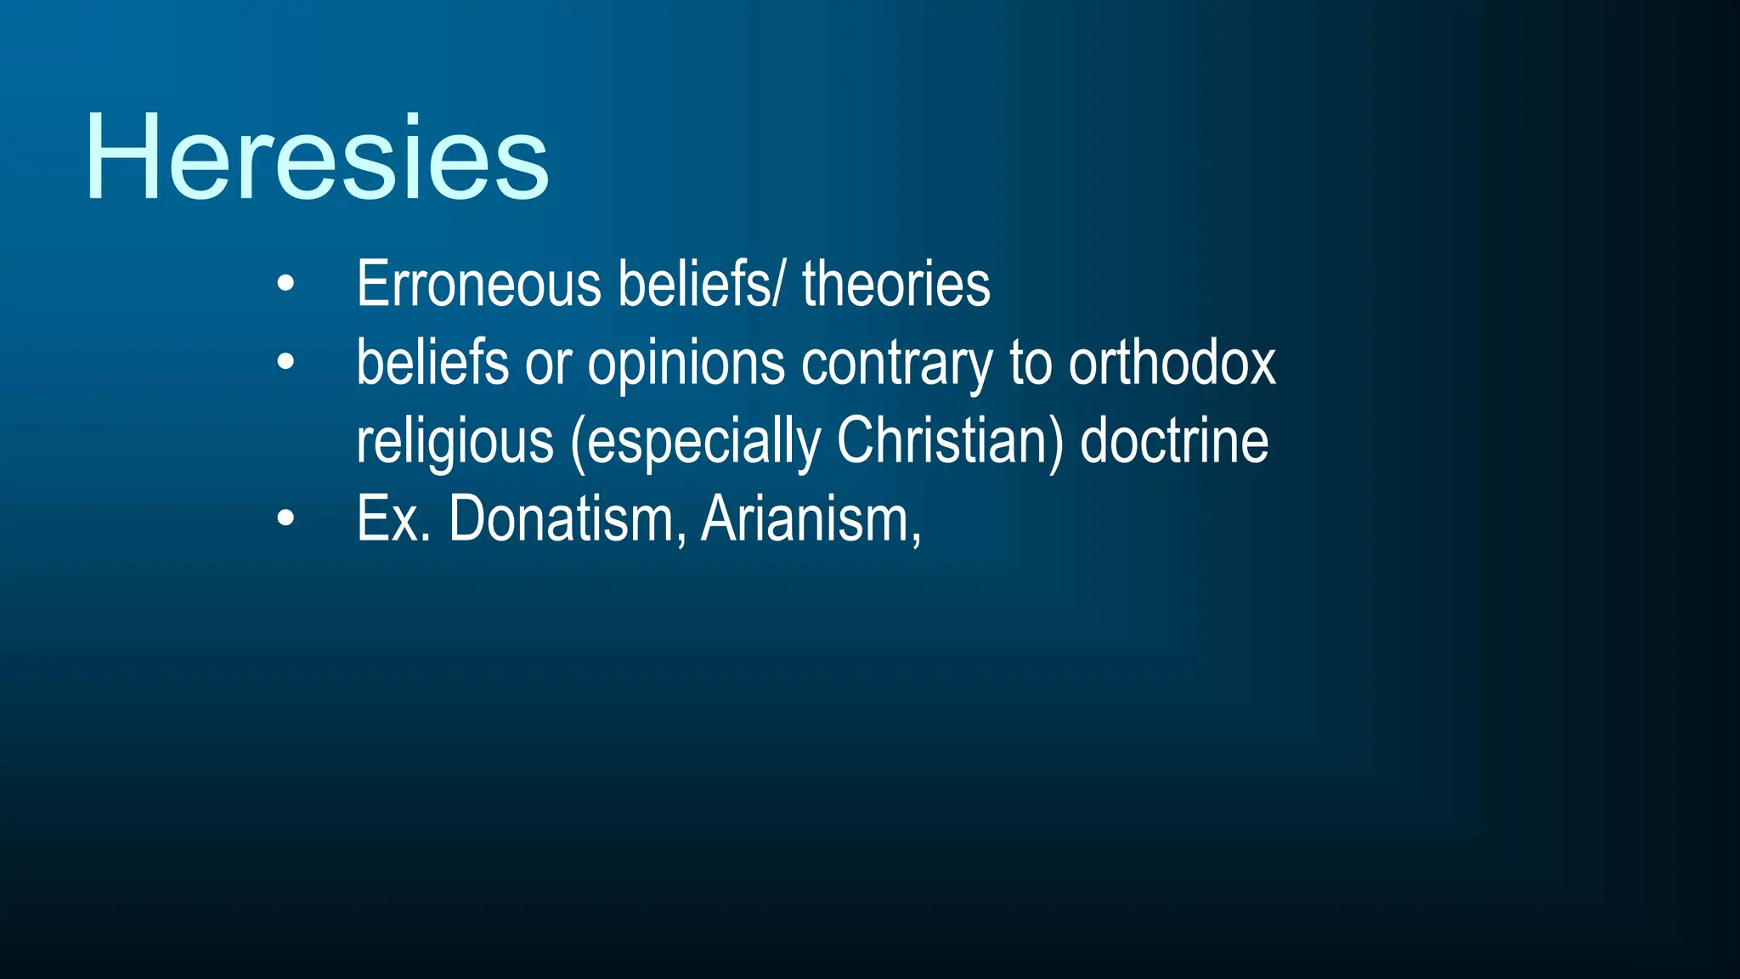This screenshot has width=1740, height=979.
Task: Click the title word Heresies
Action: [x=317, y=158]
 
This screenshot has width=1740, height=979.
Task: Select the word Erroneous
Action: [x=478, y=284]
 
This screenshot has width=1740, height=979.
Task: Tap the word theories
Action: [x=896, y=284]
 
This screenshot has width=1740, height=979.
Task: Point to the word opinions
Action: [x=686, y=364]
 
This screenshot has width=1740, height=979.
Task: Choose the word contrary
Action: [x=895, y=364]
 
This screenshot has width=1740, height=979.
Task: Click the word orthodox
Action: [x=1172, y=364]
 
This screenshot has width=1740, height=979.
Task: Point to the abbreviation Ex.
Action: [x=393, y=519]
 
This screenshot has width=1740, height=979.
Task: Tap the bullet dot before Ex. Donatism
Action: [x=285, y=518]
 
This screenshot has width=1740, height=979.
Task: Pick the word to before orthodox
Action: [x=1031, y=364]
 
